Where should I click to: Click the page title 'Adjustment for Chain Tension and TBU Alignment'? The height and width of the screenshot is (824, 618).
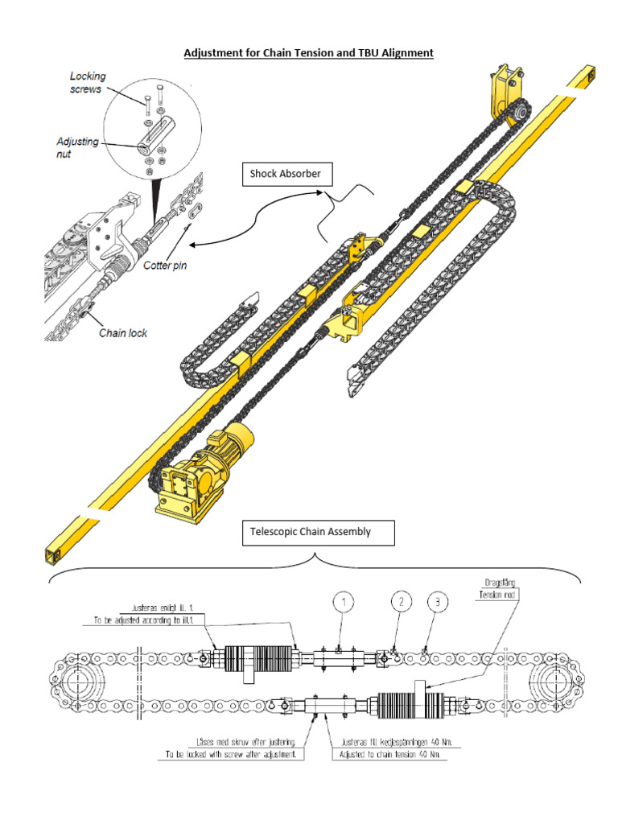(x=309, y=53)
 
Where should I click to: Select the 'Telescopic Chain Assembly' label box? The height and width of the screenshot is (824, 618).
(x=319, y=532)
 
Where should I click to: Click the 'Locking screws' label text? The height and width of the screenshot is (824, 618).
(x=87, y=83)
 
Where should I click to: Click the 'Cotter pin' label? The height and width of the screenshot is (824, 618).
(x=165, y=266)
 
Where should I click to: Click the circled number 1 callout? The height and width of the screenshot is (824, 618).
(x=343, y=602)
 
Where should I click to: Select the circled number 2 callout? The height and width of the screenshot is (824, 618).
(x=401, y=602)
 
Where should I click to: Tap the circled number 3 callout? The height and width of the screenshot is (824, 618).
(x=435, y=602)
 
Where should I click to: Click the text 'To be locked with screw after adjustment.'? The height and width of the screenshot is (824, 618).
(x=229, y=756)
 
